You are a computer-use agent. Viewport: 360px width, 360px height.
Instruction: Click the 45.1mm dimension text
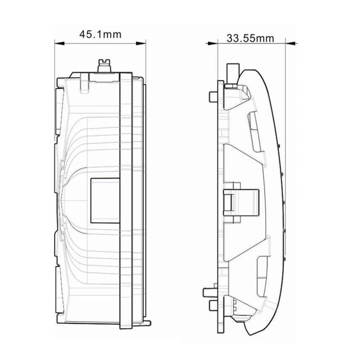click(100, 35)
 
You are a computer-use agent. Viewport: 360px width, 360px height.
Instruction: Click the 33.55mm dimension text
click(250, 39)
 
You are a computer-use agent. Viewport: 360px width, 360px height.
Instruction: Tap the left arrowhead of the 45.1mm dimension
click(59, 43)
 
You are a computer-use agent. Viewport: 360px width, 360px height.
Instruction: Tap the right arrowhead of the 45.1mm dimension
click(141, 43)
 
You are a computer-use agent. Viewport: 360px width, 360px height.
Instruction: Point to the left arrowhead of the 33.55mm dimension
click(213, 43)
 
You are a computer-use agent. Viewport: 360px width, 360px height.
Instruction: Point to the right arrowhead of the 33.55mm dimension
click(291, 43)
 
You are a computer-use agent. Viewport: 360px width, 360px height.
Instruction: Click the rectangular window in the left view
click(105, 200)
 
